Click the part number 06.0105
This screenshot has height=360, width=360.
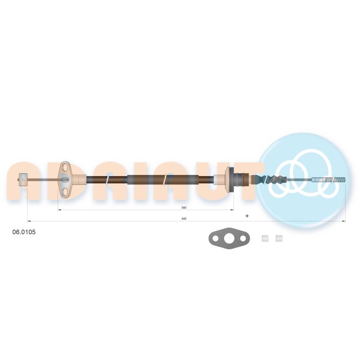(24, 232)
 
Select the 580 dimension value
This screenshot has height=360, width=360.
(184, 207)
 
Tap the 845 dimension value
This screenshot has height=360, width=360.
(184, 219)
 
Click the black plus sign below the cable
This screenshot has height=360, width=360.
(247, 216)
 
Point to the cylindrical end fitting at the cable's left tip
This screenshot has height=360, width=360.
(22, 180)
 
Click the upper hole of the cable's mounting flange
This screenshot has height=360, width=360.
(65, 166)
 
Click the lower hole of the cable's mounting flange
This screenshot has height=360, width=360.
(65, 192)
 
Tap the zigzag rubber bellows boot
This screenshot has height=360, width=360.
(270, 179)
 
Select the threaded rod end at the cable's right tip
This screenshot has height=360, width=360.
(328, 179)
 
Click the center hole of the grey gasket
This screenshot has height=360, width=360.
(229, 238)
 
